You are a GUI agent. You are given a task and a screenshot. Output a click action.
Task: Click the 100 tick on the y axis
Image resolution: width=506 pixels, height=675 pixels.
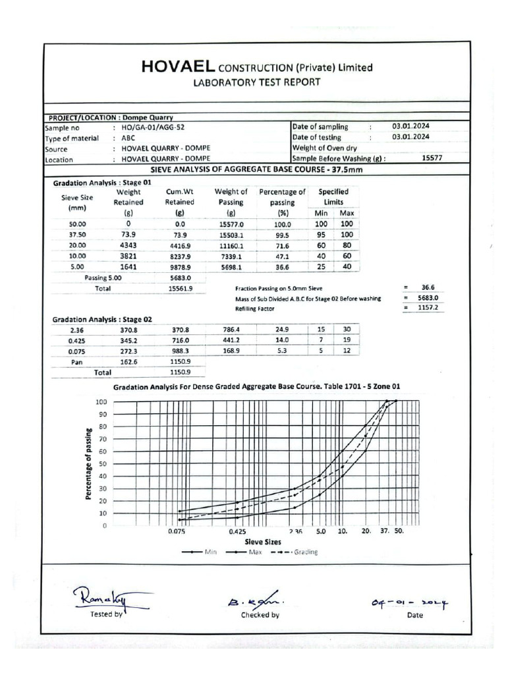[101, 401]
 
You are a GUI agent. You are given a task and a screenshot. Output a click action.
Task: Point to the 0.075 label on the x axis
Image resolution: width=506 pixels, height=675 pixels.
[177, 531]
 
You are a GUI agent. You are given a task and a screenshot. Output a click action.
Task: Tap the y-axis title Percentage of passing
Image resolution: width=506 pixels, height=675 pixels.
[88, 463]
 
